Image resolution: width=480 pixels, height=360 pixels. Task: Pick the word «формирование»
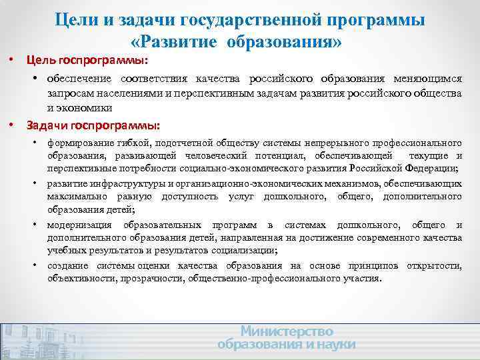click(81, 143)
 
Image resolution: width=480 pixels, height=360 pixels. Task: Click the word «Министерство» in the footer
click(287, 331)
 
